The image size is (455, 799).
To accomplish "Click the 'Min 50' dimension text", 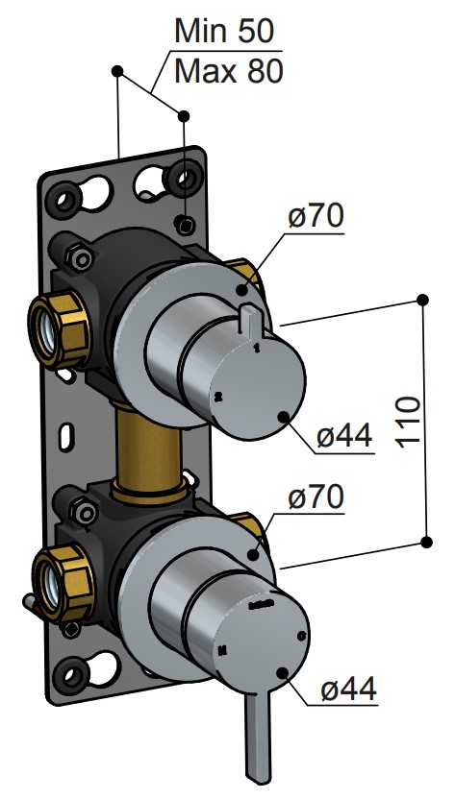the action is (x=224, y=32).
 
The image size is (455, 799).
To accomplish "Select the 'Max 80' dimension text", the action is (x=228, y=71).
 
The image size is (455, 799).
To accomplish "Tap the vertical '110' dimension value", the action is (x=410, y=422).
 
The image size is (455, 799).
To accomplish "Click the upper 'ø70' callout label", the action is (x=316, y=216).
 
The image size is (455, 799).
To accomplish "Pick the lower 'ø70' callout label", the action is (x=316, y=496).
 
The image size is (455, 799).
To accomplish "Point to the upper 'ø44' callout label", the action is (x=344, y=436).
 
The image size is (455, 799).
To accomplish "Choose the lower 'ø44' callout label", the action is (x=349, y=689).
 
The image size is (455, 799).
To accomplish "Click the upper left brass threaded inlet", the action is (x=59, y=329).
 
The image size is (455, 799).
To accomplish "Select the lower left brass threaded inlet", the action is (x=63, y=582).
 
